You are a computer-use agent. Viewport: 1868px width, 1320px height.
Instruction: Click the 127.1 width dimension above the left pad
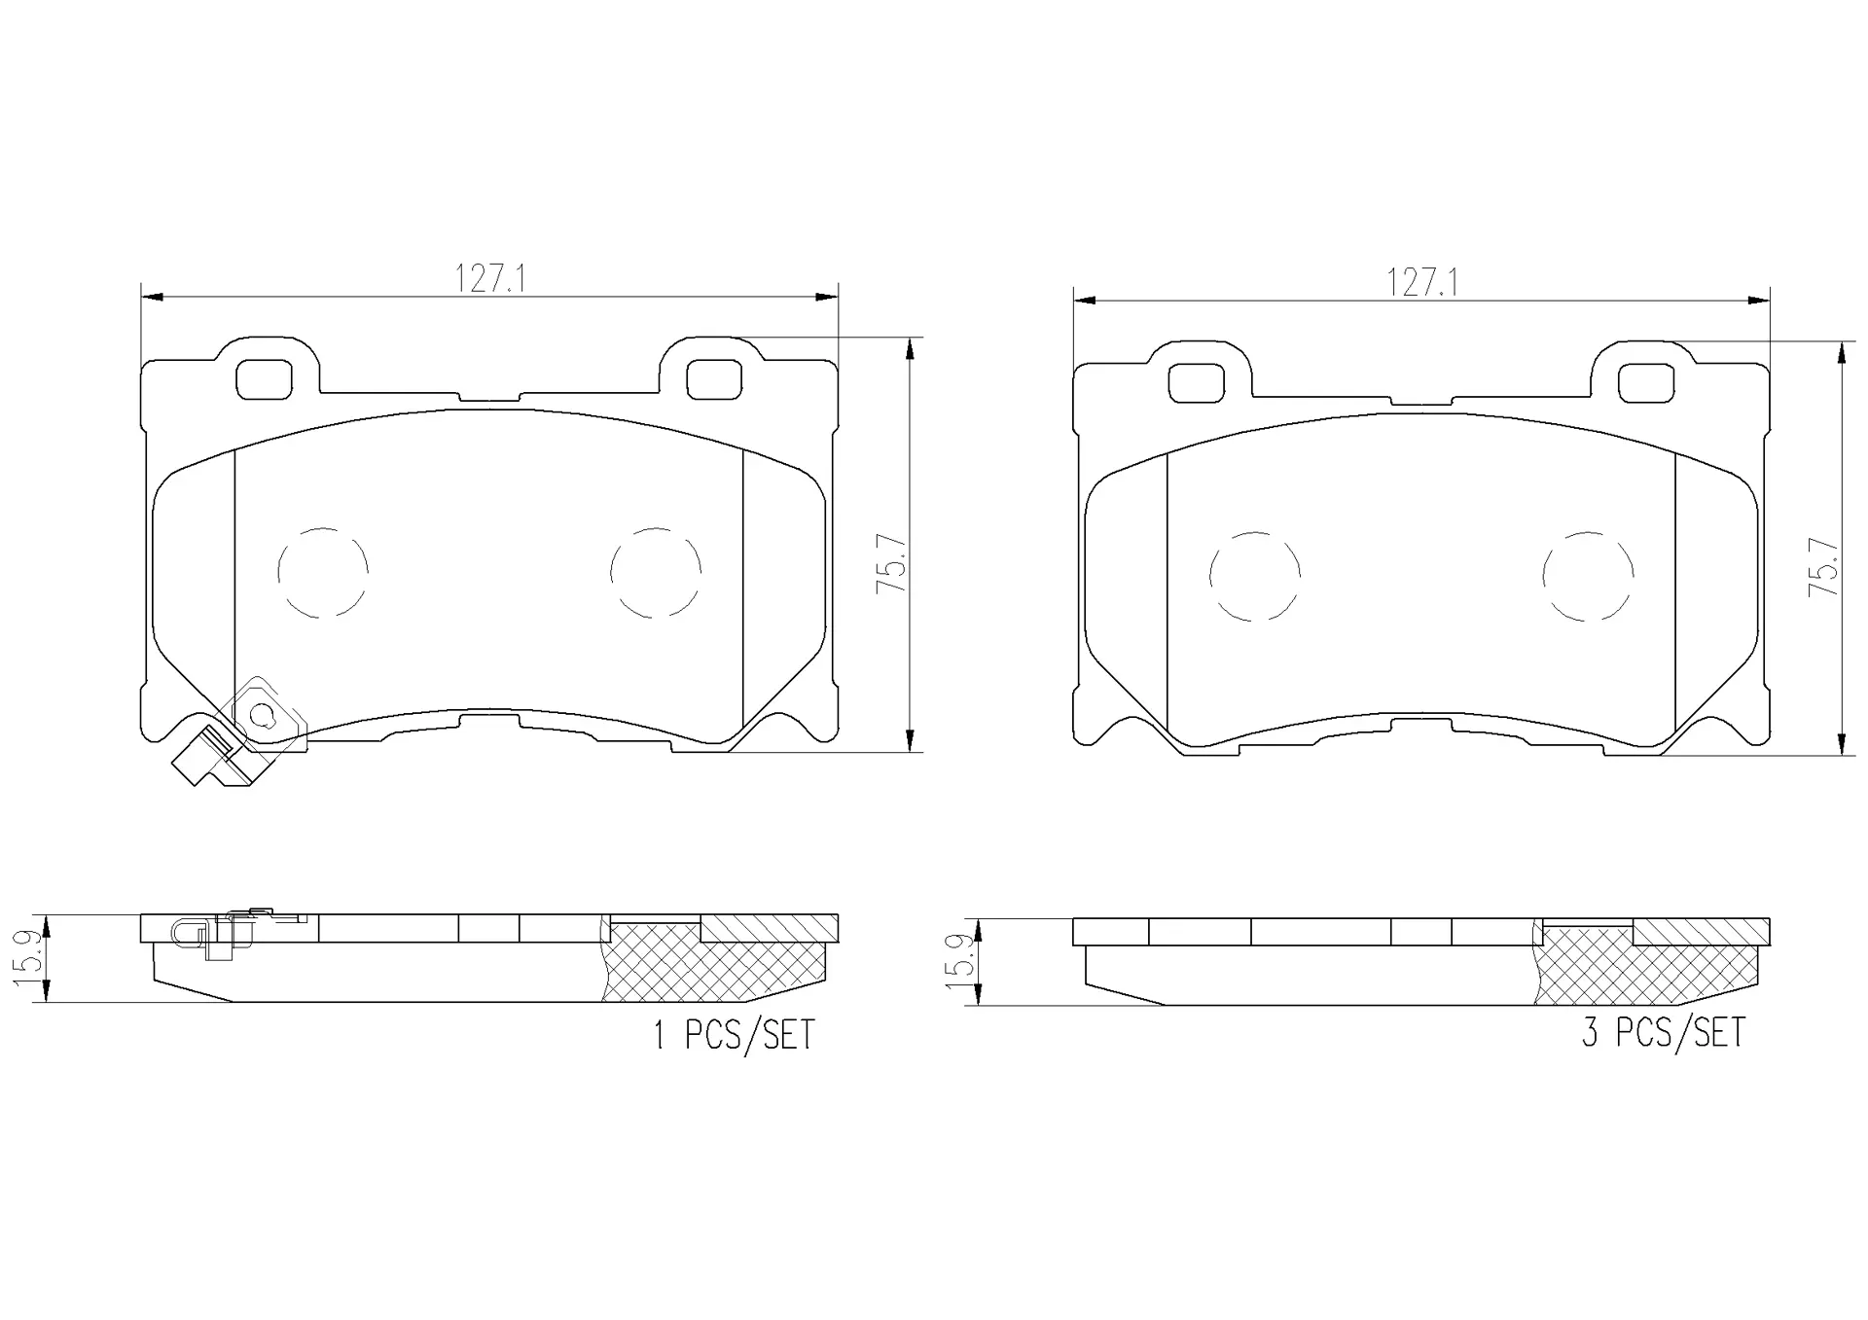(490, 280)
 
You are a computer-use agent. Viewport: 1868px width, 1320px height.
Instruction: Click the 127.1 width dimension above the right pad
(1421, 283)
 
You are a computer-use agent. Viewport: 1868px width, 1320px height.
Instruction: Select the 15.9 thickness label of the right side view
(960, 962)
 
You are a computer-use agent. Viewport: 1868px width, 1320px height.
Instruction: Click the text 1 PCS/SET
(734, 1035)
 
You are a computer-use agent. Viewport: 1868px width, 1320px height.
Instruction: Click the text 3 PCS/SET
(1664, 1032)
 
